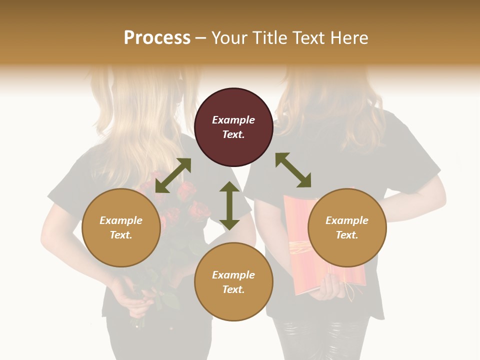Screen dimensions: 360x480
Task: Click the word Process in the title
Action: tap(157, 38)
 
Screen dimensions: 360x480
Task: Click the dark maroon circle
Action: tap(233, 127)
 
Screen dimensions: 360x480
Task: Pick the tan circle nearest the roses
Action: tap(121, 227)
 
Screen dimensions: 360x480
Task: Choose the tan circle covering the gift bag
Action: tap(347, 227)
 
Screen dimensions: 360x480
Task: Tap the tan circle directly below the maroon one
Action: tap(233, 281)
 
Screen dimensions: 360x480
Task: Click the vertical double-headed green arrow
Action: tap(229, 205)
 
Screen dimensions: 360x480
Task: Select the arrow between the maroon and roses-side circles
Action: tap(173, 175)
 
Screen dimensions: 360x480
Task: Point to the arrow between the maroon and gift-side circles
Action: tap(293, 170)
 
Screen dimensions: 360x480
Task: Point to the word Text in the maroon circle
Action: tap(233, 134)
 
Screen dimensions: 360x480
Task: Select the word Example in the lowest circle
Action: tap(233, 274)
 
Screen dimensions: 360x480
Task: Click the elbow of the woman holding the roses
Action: tap(50, 240)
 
